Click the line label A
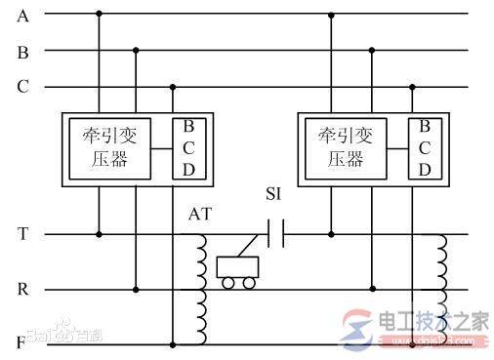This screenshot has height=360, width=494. coord(22,16)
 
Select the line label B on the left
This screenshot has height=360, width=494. coord(22,53)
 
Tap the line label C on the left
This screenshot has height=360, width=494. coord(22,87)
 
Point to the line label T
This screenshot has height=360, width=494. coord(22,234)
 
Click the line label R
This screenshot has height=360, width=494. coord(22,290)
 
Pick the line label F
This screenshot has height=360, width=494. coord(22,344)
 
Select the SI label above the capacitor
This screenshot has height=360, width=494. coord(277,195)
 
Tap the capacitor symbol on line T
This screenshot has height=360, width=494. coord(275,234)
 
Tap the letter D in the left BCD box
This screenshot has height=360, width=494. coord(187,169)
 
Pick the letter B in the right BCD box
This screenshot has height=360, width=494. coord(425,126)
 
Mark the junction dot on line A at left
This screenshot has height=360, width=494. coord(99,15)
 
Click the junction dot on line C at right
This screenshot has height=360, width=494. coord(411,88)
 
